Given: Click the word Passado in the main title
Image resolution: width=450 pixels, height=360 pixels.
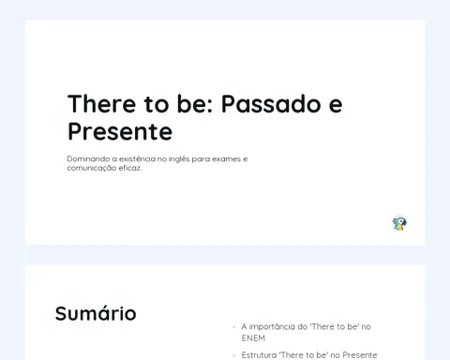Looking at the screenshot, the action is [x=271, y=104].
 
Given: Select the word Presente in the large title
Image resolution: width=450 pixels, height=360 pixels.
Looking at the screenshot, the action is [x=120, y=132].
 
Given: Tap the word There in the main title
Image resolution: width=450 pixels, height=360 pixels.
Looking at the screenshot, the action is [x=102, y=104].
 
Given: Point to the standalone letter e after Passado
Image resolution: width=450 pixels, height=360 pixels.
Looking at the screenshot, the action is [x=336, y=106].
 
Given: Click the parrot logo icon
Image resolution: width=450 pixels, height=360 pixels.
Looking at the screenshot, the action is [x=399, y=223].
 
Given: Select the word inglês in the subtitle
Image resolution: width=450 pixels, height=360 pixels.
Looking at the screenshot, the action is [x=179, y=159].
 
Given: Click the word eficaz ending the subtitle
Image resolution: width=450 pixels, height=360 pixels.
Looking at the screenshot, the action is [x=131, y=168].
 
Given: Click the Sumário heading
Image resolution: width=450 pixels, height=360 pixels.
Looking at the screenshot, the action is [x=96, y=313].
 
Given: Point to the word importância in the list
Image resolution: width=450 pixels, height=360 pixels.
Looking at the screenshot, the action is [x=272, y=327].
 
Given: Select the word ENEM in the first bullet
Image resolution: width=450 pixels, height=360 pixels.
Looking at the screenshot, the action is [x=253, y=338].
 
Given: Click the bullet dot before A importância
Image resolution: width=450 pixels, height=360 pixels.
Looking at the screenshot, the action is [x=233, y=327].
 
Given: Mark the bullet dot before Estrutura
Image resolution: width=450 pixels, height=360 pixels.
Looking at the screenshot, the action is [x=233, y=355].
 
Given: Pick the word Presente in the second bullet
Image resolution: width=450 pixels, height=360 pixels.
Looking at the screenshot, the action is [x=360, y=355].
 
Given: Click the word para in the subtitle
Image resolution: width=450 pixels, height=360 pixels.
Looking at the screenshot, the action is [x=201, y=159].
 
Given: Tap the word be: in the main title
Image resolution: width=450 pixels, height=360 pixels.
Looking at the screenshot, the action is [x=195, y=104].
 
